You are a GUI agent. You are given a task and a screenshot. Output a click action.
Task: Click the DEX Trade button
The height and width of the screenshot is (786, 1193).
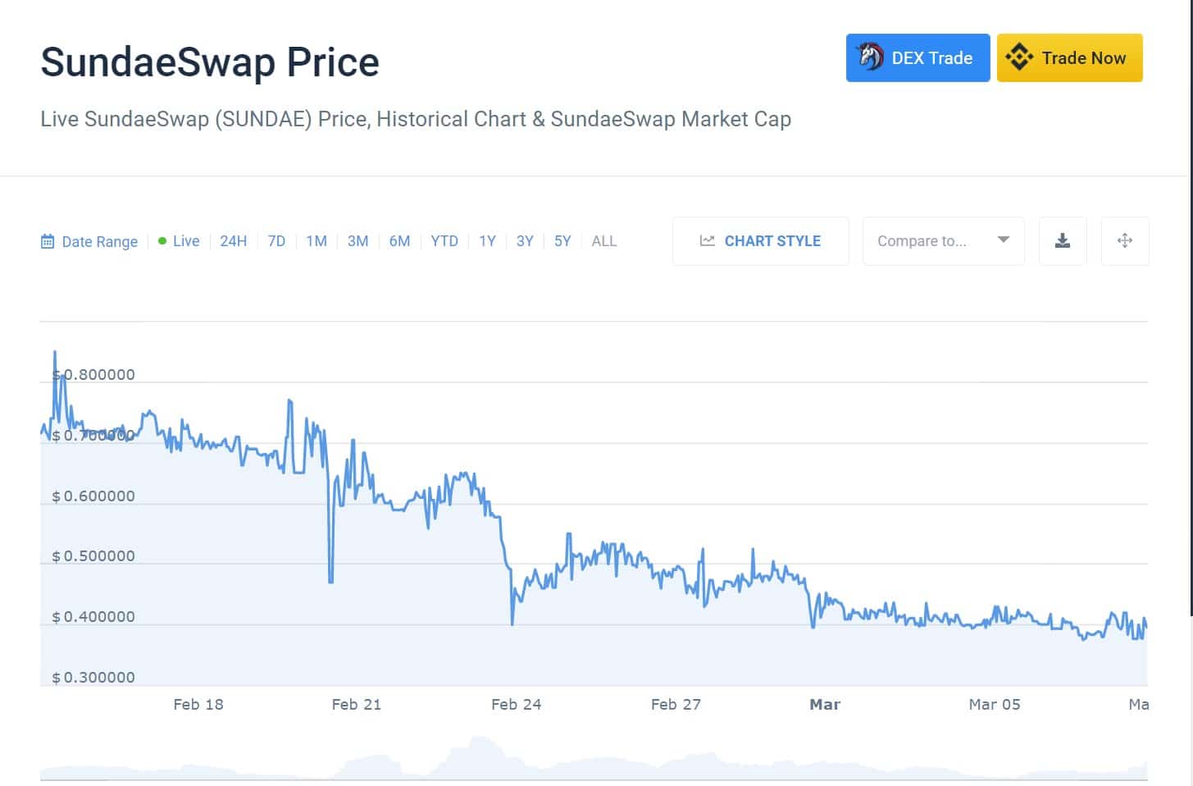point(918,58)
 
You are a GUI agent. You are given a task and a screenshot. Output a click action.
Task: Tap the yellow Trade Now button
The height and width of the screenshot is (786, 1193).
point(1069,58)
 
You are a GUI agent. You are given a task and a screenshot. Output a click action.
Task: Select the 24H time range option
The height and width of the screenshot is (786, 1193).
point(233,241)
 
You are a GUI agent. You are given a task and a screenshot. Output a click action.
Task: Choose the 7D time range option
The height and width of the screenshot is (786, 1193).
point(276,241)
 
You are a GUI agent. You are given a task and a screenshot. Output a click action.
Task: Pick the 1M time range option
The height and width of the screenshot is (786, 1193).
point(316,241)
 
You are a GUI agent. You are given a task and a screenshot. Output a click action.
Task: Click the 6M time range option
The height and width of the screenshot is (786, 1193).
point(399,241)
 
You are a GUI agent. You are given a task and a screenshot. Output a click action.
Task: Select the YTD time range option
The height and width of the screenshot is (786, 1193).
point(444,241)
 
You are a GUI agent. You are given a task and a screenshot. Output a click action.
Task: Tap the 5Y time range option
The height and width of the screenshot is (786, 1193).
point(562,241)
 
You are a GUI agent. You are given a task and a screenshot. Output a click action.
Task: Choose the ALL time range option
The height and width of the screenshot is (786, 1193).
point(603,241)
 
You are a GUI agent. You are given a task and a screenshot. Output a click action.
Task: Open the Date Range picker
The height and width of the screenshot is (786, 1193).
point(90,242)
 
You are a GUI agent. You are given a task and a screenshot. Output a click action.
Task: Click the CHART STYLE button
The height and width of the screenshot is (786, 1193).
point(760,241)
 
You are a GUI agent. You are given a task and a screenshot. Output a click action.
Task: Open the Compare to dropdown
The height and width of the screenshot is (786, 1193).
point(943,241)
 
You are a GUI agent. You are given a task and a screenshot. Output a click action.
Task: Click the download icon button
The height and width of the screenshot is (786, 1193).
point(1063,241)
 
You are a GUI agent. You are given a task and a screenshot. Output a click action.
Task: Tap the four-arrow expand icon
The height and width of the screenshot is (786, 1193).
point(1125,241)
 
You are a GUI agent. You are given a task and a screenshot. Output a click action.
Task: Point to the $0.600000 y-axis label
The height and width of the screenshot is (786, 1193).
point(93,496)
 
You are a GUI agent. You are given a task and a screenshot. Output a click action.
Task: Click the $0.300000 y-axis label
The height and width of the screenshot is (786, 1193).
point(93,678)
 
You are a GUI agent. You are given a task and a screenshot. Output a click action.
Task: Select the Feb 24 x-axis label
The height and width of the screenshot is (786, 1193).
point(516,705)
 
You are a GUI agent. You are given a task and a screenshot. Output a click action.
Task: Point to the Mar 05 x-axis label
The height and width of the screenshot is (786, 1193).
point(995,705)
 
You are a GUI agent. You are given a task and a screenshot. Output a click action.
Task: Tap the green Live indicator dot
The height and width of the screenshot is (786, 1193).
point(162,241)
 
